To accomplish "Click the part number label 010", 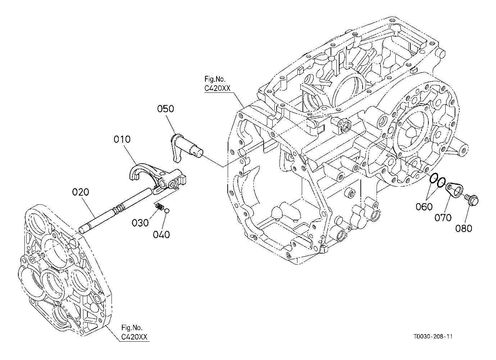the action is [x=122, y=139].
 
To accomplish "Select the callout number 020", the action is [x=81, y=192].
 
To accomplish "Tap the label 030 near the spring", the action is [x=140, y=223].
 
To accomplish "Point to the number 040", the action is [x=161, y=234].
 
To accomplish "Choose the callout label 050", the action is [x=165, y=109].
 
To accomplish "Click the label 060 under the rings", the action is [x=424, y=207].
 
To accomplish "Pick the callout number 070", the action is [x=443, y=218].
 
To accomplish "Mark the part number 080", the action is [x=464, y=228].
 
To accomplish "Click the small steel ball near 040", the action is [x=167, y=210].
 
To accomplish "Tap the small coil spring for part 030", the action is [x=160, y=206].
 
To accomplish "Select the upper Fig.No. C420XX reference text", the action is [x=217, y=84].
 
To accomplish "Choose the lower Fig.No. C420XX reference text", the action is [x=134, y=332].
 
